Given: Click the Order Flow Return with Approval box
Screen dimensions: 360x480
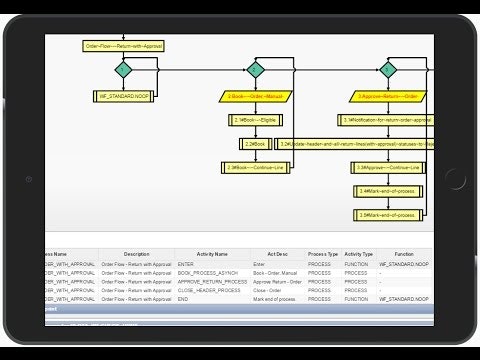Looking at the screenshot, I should click(x=122, y=46).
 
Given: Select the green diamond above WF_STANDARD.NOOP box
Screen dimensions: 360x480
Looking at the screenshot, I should click(x=122, y=71).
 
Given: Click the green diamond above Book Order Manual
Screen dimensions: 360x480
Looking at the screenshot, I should click(x=254, y=70).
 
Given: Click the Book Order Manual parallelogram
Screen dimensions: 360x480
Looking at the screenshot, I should click(x=254, y=97).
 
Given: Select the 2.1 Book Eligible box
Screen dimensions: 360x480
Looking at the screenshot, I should click(x=254, y=120).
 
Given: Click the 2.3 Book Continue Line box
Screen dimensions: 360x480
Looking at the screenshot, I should click(x=254, y=167).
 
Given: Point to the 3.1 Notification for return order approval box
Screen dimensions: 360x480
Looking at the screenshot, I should click(x=388, y=120).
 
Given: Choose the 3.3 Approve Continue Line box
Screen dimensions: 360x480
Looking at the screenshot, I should click(x=389, y=167).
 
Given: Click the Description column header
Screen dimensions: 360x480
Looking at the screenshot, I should click(x=136, y=254).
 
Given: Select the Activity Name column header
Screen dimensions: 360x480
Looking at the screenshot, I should click(x=213, y=254).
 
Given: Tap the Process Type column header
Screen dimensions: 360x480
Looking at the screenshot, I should click(x=323, y=254).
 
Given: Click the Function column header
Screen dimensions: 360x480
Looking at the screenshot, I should click(x=404, y=254).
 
